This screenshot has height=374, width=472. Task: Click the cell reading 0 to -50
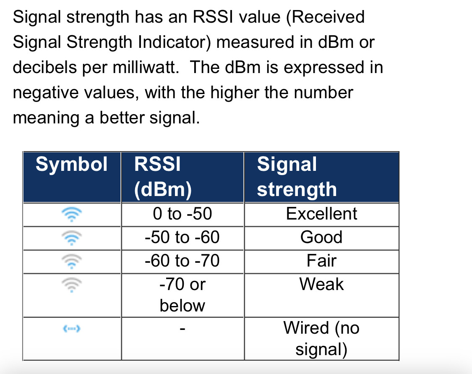pos(183,214)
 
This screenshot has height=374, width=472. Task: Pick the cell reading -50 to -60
pos(183,237)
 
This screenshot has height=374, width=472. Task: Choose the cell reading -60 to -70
pos(183,261)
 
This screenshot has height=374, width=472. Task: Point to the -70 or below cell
pos(183,295)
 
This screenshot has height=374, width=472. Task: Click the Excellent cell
pos(321,214)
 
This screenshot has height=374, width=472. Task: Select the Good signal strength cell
pos(321,237)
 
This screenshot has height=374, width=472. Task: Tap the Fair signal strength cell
pos(321,261)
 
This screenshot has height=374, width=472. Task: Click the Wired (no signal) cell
pos(321,338)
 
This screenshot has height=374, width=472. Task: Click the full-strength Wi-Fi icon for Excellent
pos(72,214)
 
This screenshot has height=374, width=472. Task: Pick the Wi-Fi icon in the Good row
pos(72,238)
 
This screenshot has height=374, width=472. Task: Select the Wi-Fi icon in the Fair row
pos(72,262)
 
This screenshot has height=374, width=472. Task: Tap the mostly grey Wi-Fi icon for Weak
pos(72,285)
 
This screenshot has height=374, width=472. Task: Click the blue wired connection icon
pos(72,329)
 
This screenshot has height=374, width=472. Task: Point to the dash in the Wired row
pos(183,329)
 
